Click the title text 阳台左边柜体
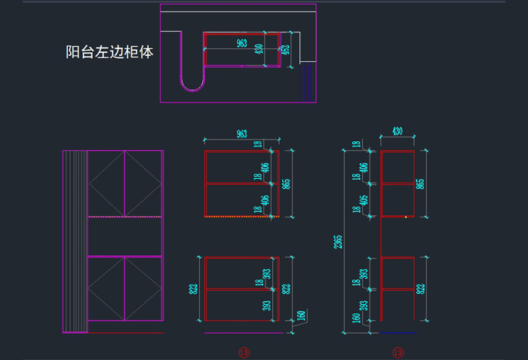coord(109,53)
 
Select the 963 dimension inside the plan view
coord(242,43)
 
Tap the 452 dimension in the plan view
coord(284,50)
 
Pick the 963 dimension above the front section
coord(241,134)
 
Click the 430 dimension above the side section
coord(398,131)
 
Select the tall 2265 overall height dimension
coord(339,242)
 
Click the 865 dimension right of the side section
coord(421,183)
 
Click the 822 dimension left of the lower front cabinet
coord(194,288)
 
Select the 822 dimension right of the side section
coord(421,288)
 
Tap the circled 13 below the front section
coord(243,352)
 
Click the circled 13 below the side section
coord(398,352)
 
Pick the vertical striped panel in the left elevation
coord(75,242)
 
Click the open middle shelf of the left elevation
coord(125,236)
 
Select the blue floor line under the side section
coord(398,332)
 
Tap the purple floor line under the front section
coord(241,332)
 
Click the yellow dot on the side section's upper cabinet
coord(406,217)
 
